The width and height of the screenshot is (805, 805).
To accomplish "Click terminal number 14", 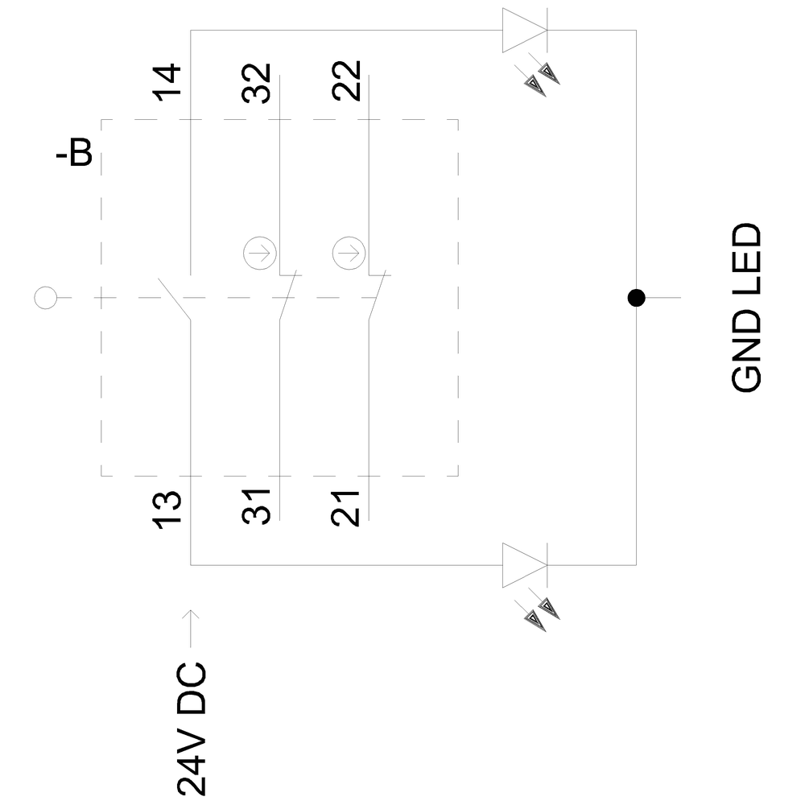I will pyautogui.click(x=168, y=82).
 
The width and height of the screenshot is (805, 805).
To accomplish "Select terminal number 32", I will pyautogui.click(x=257, y=82).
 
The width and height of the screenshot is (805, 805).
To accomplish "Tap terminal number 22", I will pyautogui.click(x=346, y=82).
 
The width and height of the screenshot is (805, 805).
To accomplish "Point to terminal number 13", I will pyautogui.click(x=168, y=508).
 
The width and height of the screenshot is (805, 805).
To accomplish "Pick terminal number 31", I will pyautogui.click(x=257, y=508).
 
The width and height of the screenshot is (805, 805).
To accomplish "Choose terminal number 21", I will pyautogui.click(x=346, y=508).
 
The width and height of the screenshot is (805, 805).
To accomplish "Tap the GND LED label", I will pyautogui.click(x=746, y=308).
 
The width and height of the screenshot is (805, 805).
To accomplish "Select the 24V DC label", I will pyautogui.click(x=191, y=729).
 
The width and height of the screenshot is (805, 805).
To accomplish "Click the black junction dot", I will pyautogui.click(x=637, y=299).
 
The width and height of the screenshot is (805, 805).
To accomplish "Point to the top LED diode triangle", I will pyautogui.click(x=523, y=31).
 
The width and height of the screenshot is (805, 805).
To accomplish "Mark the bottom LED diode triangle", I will pyautogui.click(x=523, y=565).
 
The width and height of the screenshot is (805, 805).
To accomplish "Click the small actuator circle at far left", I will pyautogui.click(x=45, y=298).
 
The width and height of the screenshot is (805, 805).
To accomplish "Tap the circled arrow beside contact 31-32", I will pyautogui.click(x=259, y=254).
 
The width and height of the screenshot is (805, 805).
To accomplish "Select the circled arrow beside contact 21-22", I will pyautogui.click(x=348, y=254).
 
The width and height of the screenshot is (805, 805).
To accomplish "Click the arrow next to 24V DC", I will pyautogui.click(x=191, y=627).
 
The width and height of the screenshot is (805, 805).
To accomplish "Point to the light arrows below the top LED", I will pyautogui.click(x=542, y=79).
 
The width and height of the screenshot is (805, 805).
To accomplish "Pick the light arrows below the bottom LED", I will pyautogui.click(x=542, y=613).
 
